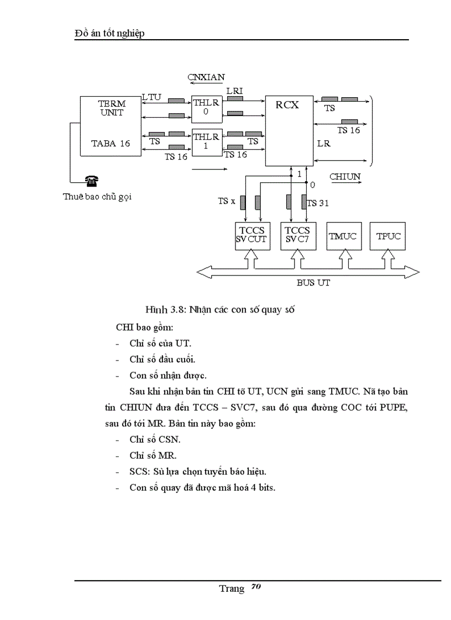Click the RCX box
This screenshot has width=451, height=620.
tap(289, 130)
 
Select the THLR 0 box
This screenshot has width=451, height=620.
tap(206, 109)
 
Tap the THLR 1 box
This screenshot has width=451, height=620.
tap(206, 142)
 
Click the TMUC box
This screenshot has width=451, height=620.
tap(343, 236)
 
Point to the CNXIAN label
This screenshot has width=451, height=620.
tap(206, 77)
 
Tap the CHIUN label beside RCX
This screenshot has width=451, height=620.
tap(345, 177)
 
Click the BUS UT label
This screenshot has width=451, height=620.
tap(313, 283)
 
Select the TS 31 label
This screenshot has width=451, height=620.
tap(318, 203)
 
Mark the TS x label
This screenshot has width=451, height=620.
tap(227, 202)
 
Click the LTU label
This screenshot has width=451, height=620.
tap(151, 97)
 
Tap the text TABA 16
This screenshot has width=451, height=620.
tap(111, 144)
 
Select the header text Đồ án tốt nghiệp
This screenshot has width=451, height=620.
tap(109, 34)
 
